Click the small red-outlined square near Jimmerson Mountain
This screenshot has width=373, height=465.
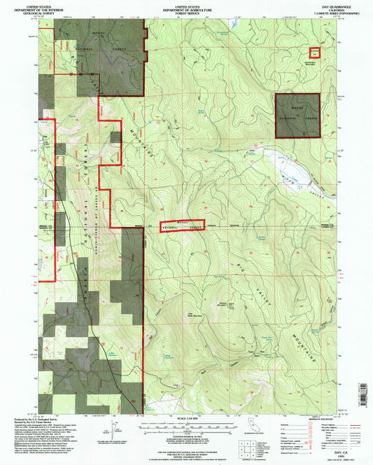click(x=315, y=53)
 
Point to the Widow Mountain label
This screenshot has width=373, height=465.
click(x=223, y=302)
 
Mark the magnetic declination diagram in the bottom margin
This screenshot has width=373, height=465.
click(x=113, y=427)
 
